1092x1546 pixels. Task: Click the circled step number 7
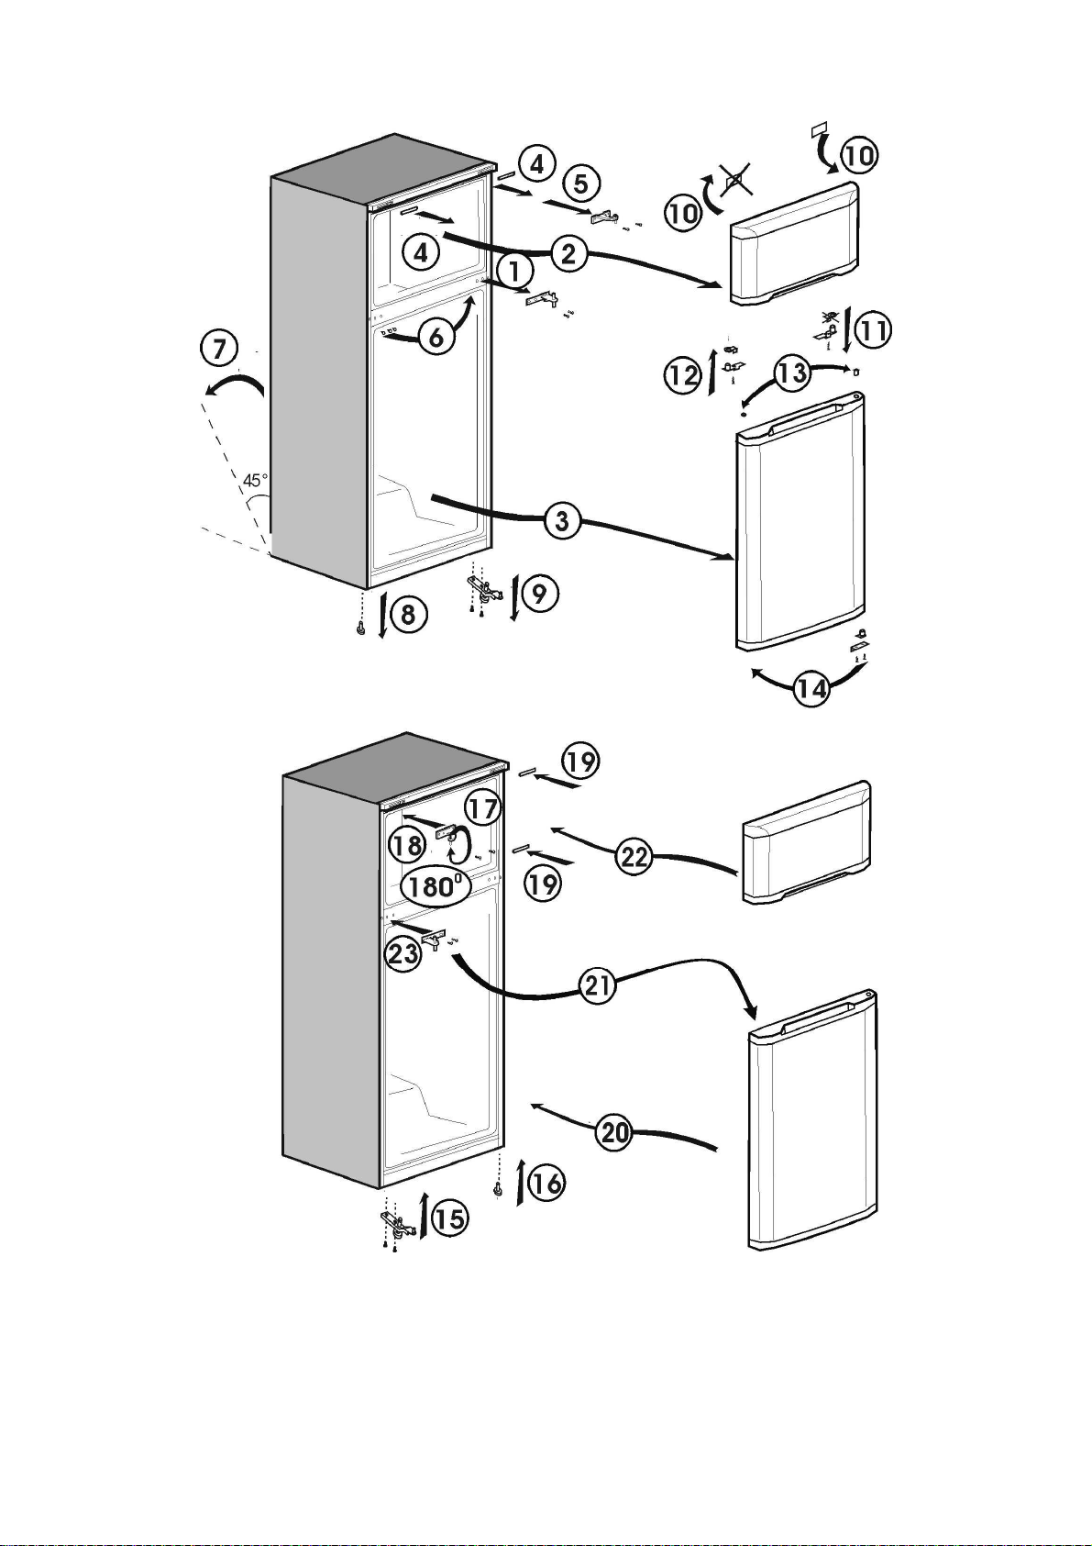pyautogui.click(x=219, y=349)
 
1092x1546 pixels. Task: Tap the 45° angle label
pyautogui.click(x=255, y=480)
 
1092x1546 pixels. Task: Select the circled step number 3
pyautogui.click(x=562, y=520)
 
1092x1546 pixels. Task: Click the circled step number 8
pyautogui.click(x=408, y=613)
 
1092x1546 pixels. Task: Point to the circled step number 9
pyautogui.click(x=540, y=594)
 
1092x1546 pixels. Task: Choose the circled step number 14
pyautogui.click(x=812, y=688)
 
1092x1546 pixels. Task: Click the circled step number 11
pyautogui.click(x=873, y=330)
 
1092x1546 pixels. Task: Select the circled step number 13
pyautogui.click(x=792, y=373)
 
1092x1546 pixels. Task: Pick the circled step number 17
pyautogui.click(x=482, y=808)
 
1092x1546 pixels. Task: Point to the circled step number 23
pyautogui.click(x=403, y=954)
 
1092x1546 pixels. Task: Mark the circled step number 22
pyautogui.click(x=634, y=857)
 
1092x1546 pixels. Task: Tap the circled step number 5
pyautogui.click(x=581, y=184)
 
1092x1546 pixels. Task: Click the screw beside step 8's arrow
pyautogui.click(x=360, y=628)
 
